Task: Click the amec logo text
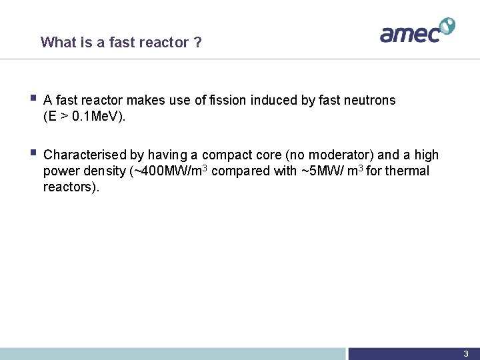pyautogui.click(x=409, y=33)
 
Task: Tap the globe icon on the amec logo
pyautogui.click(x=447, y=26)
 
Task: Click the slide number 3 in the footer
pyautogui.click(x=466, y=354)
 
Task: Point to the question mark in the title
pyautogui.click(x=197, y=43)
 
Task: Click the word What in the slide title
pyautogui.click(x=57, y=43)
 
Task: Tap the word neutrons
pyautogui.click(x=369, y=101)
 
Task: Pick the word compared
pyautogui.click(x=239, y=171)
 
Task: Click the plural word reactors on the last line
pyautogui.click(x=70, y=187)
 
